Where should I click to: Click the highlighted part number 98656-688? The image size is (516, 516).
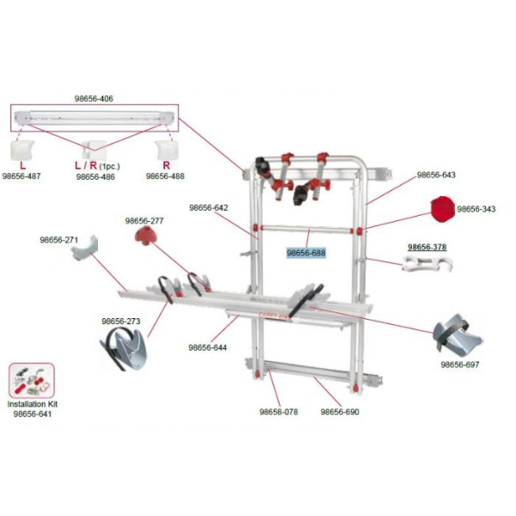[305, 253]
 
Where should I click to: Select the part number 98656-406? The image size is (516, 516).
[95, 99]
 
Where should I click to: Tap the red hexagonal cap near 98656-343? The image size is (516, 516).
[440, 209]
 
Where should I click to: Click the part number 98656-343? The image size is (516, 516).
[476, 209]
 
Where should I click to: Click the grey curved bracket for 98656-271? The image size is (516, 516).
[87, 251]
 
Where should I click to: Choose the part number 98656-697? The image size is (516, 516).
[460, 364]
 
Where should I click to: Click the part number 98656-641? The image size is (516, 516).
[32, 414]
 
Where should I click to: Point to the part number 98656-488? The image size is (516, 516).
[164, 176]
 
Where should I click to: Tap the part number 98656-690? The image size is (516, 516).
[340, 411]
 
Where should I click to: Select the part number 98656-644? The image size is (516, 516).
[207, 347]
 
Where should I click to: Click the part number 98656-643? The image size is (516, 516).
[436, 175]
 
